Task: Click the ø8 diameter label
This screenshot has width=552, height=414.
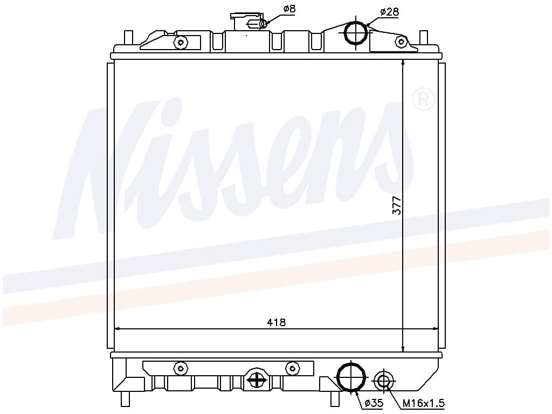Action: point(289,9)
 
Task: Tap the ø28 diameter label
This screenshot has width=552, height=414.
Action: point(389,12)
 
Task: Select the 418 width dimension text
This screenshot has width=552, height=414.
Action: point(277,322)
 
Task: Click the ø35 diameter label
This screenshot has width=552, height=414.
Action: point(374,402)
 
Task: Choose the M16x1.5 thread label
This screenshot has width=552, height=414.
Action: point(424,403)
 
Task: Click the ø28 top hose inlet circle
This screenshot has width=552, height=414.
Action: point(356,32)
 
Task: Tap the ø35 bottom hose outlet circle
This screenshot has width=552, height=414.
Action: point(351,376)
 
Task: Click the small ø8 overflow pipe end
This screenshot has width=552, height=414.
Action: point(263,24)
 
